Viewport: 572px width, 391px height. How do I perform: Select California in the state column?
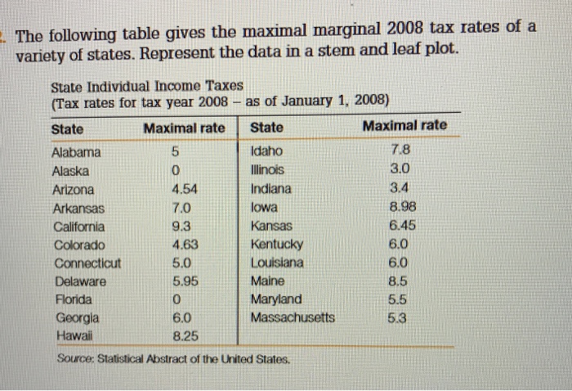[78, 227]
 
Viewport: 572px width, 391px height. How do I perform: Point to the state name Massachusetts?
[293, 317]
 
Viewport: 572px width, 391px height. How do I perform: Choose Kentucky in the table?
[277, 245]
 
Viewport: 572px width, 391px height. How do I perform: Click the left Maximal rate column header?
[184, 128]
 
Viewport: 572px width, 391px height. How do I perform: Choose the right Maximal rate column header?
[404, 125]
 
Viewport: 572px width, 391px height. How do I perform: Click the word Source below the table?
[78, 358]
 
